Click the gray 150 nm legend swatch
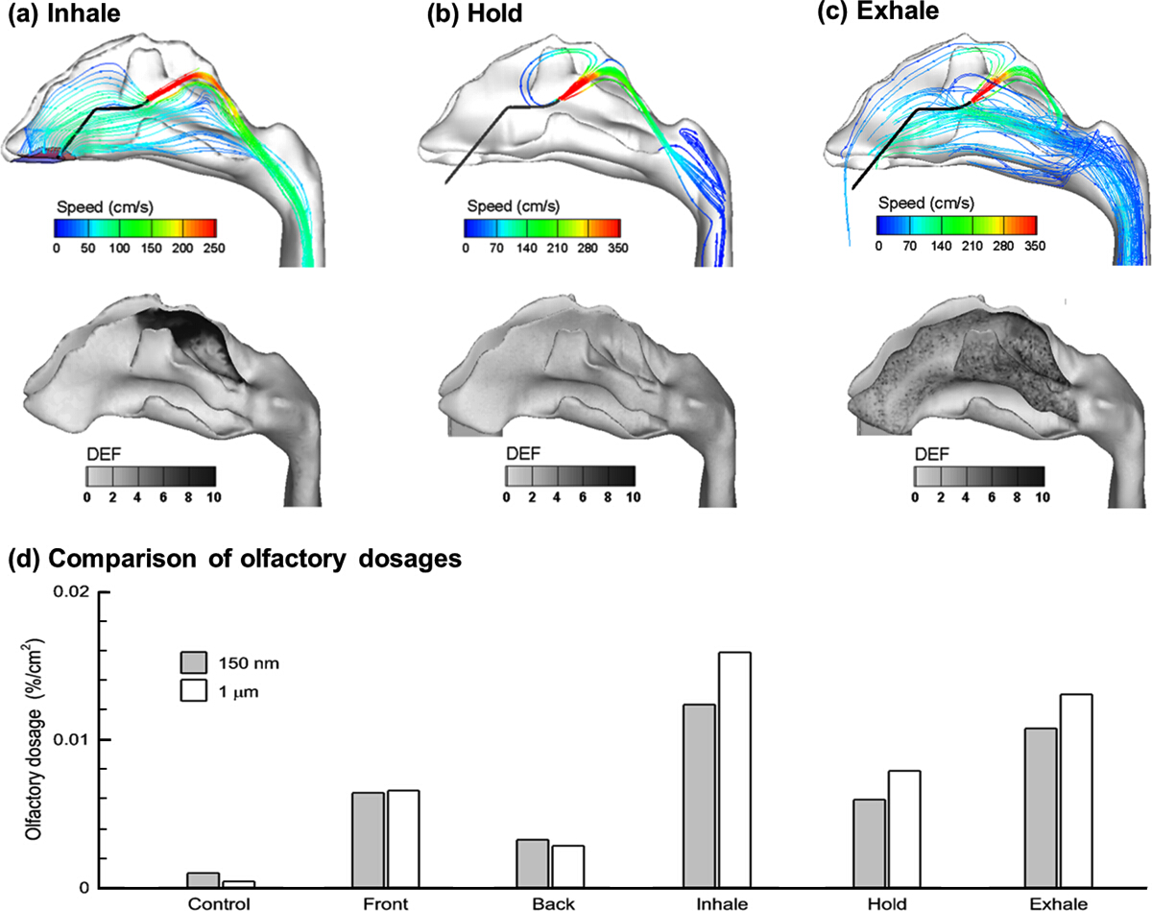(196, 662)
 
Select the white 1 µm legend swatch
(196, 688)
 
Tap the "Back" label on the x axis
(551, 903)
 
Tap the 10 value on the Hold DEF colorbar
(633, 496)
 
